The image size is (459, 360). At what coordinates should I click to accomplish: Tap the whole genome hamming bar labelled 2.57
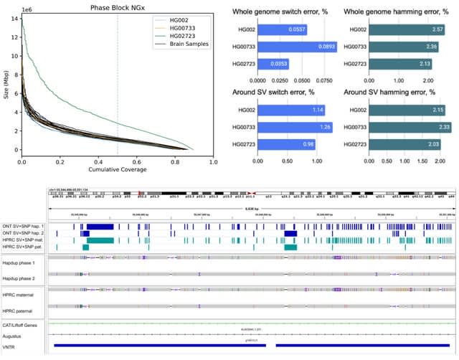(x=403, y=29)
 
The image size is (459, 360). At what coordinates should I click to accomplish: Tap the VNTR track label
(x=9, y=346)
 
